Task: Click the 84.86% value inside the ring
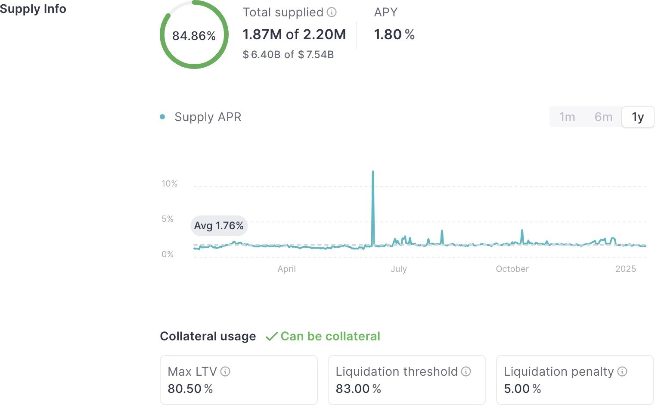(194, 36)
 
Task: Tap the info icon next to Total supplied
(332, 12)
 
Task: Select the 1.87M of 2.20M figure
(294, 34)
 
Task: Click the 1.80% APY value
(394, 34)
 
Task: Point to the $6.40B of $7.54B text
(288, 55)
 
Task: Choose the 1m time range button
(567, 117)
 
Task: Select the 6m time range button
(603, 117)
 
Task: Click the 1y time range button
(638, 117)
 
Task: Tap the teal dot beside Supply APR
(162, 117)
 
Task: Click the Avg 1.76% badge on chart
(219, 226)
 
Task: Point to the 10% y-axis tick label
(169, 184)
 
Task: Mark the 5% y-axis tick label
(168, 219)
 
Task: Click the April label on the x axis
(286, 269)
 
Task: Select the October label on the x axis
(512, 269)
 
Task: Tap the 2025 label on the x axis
(625, 269)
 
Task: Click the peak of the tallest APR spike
(373, 172)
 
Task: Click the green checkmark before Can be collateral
(271, 336)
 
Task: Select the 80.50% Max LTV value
(190, 389)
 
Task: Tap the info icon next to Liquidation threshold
(466, 371)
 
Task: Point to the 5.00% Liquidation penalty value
(522, 389)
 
